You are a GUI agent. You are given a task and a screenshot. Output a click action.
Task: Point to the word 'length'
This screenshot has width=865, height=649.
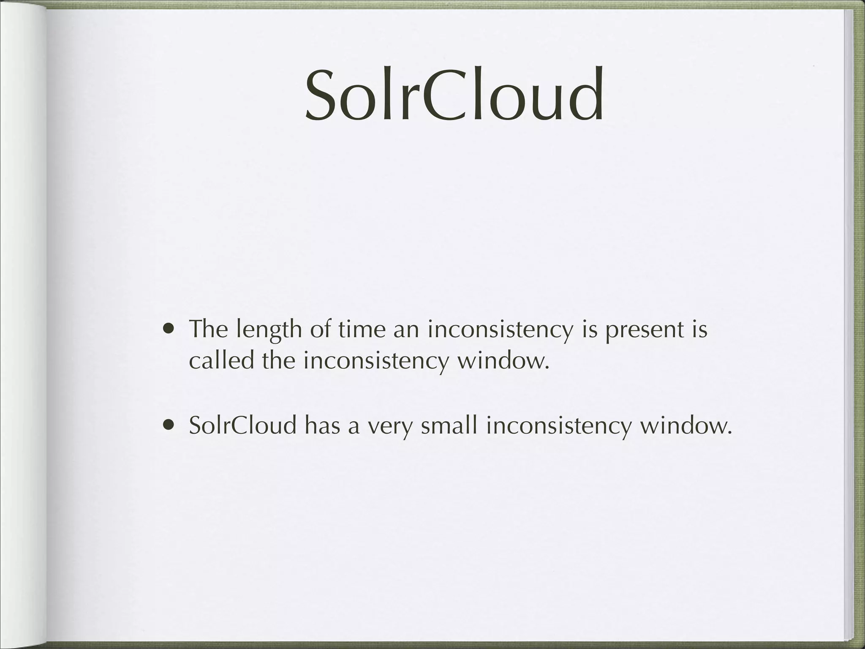(269, 330)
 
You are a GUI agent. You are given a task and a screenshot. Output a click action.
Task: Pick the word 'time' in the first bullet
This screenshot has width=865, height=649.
(362, 329)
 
